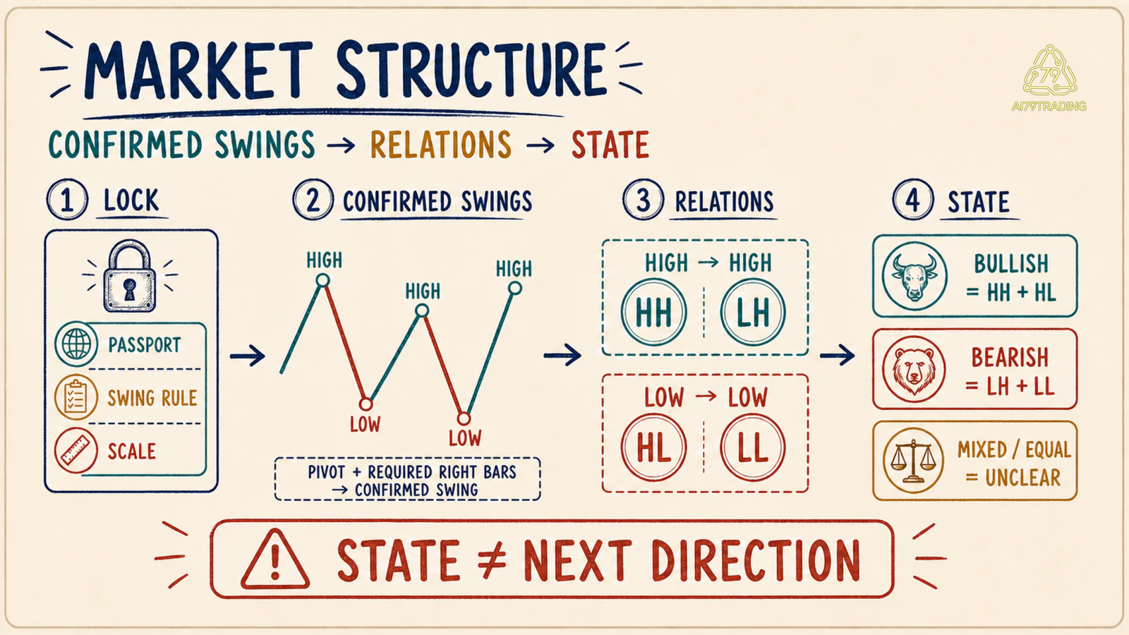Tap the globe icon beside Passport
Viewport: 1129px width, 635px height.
77,345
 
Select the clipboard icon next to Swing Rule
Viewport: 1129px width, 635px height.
76,398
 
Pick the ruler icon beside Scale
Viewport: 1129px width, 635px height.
76,451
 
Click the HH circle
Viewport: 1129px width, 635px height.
653,312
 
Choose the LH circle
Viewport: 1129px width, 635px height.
752,312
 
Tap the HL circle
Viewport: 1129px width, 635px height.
653,447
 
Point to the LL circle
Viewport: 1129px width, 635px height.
752,447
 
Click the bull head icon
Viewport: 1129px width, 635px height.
914,276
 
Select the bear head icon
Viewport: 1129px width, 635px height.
914,369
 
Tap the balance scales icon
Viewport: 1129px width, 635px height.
913,460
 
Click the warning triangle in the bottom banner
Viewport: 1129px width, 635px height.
274,560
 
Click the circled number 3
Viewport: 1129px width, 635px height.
643,200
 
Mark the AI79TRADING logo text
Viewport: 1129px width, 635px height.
1049,107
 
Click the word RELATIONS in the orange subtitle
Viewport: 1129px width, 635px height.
441,145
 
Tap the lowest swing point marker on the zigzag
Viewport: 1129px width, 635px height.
464,418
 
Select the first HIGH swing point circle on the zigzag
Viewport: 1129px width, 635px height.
322,280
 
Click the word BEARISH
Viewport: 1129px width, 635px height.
1010,357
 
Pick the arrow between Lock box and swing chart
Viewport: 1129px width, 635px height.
248,356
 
